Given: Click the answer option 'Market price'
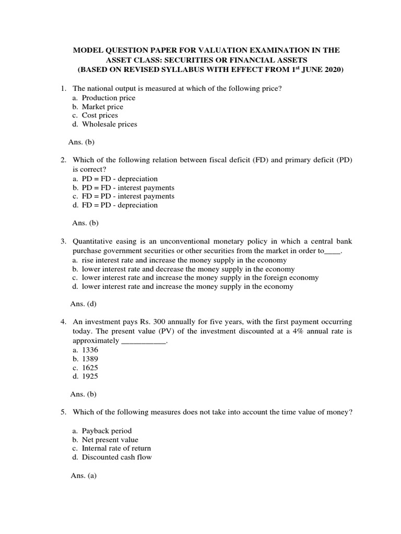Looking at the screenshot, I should [102, 106].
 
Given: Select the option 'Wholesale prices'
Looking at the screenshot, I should [109, 124].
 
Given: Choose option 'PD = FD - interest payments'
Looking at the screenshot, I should [128, 187].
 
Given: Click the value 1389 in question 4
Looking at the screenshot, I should [90, 359].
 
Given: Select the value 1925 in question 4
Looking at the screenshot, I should [90, 377].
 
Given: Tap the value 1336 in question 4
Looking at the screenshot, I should [90, 350].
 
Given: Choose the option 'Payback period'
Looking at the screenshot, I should [107, 431].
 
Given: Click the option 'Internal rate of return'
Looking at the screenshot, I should [116, 448].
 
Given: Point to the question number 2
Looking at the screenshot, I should [63, 160].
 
